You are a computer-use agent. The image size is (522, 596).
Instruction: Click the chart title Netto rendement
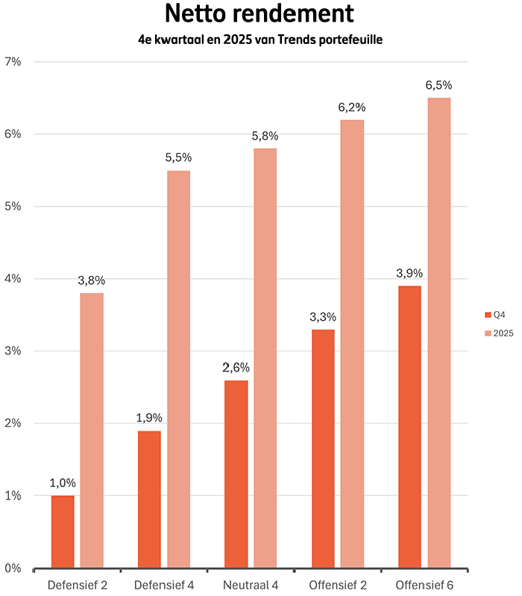tap(260, 14)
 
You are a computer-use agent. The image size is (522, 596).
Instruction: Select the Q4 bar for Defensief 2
tap(63, 531)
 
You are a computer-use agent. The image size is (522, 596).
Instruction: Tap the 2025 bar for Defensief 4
tap(178, 369)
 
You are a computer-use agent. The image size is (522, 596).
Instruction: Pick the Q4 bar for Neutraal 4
tap(236, 474)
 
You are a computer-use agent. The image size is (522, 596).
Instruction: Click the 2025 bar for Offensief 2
tap(352, 343)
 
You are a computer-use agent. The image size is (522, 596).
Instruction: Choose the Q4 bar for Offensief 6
tap(409, 427)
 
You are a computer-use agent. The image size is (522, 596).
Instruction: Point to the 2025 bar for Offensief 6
tap(438, 333)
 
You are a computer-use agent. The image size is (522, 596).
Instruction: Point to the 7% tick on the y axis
tap(13, 62)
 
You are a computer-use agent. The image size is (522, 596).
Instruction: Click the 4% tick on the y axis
tap(13, 279)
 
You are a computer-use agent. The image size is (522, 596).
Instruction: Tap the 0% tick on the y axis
tap(13, 568)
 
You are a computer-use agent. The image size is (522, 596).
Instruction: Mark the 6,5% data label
tap(438, 86)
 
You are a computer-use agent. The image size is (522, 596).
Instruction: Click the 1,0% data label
tap(63, 483)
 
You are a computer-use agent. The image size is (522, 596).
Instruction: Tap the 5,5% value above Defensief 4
tap(178, 158)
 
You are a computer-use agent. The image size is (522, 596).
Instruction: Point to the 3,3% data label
tap(323, 317)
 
